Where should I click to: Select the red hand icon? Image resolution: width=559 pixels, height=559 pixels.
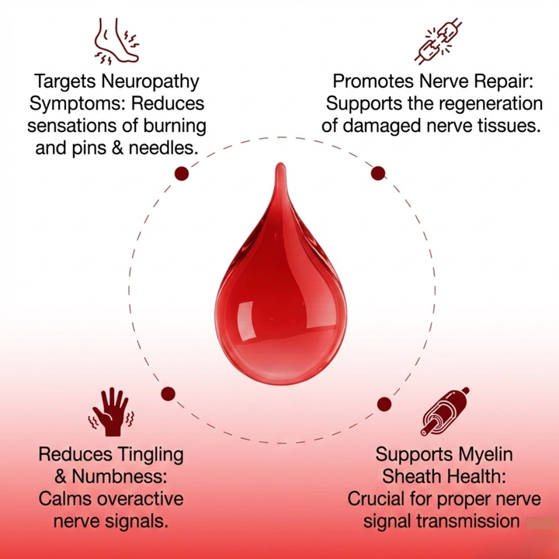click(x=110, y=410)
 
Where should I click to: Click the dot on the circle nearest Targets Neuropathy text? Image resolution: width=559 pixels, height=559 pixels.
click(x=182, y=173)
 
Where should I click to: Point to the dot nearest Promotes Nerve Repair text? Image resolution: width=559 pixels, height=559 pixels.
click(x=378, y=173)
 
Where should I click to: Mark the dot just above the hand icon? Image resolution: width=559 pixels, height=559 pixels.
click(x=168, y=394)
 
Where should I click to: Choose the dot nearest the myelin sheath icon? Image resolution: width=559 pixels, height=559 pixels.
click(x=384, y=403)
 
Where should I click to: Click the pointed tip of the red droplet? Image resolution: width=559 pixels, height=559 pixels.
click(x=279, y=165)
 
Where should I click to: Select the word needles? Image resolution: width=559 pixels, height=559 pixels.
click(x=160, y=147)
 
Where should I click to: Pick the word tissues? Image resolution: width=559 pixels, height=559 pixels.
click(x=507, y=125)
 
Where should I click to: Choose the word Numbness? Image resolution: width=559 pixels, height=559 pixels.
click(x=122, y=476)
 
